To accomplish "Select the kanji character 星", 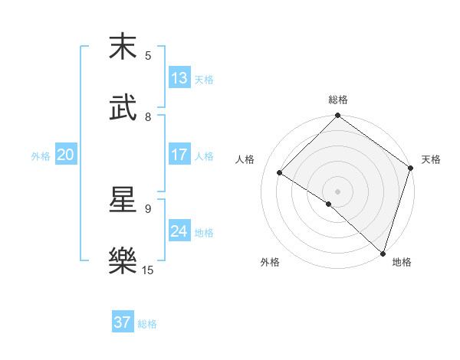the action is tap(123, 200).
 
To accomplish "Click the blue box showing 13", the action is tap(179, 78).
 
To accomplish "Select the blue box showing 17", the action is tap(179, 155).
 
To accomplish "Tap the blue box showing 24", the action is tap(179, 231).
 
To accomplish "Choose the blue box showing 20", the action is tap(65, 155).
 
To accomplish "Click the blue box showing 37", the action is tap(123, 322).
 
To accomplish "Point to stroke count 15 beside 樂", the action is tap(149, 270).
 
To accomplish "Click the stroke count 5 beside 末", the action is tap(148, 55).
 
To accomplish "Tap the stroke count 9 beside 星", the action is tap(148, 208).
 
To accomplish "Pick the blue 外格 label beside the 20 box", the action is tap(41, 156).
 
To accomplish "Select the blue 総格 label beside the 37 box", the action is tap(147, 324).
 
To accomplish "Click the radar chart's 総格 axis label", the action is tap(338, 100).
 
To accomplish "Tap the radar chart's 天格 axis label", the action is tap(431, 159).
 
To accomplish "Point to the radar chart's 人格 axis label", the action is tap(245, 159).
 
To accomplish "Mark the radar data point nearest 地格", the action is tap(383, 253).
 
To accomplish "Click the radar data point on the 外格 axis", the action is tap(328, 205).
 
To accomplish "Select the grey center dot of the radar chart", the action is tap(338, 191).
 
